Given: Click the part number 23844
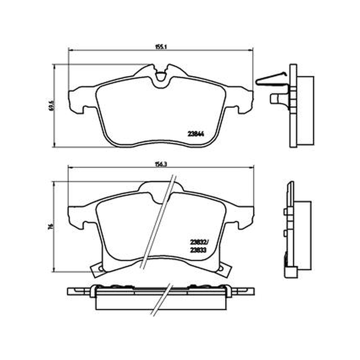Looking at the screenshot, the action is pos(196,134).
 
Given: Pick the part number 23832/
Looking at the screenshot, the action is pos(199,242).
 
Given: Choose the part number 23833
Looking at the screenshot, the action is pos(198,251).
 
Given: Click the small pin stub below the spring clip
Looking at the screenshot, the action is pos(275,98).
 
